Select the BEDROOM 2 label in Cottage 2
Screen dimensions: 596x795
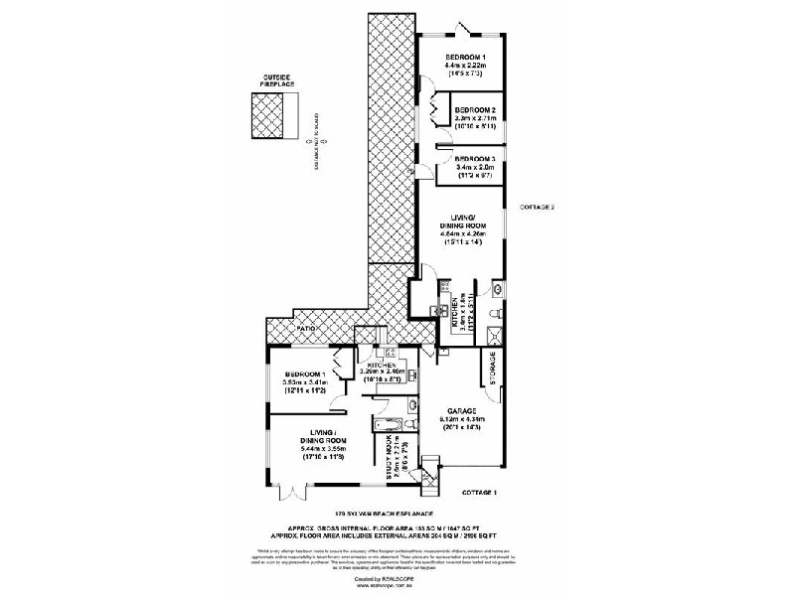pyautogui.click(x=475, y=109)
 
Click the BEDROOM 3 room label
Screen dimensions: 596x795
pyautogui.click(x=475, y=159)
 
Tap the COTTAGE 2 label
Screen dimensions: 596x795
pyautogui.click(x=538, y=207)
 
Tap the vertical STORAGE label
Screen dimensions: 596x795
pyautogui.click(x=493, y=369)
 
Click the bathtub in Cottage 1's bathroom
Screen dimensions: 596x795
pyautogui.click(x=386, y=427)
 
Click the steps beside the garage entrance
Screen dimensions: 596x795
pyautogui.click(x=429, y=483)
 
